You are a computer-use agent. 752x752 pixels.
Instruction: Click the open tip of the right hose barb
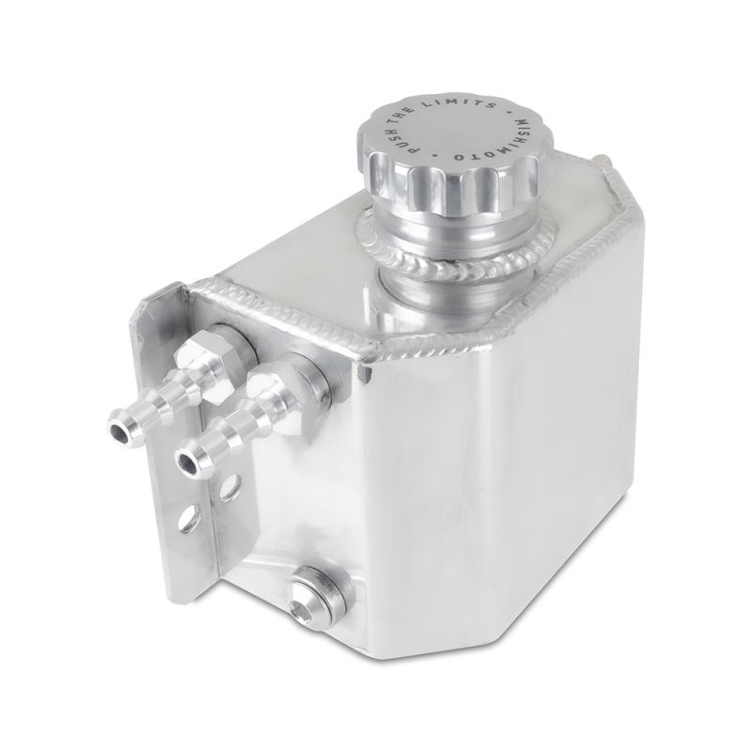pos(192,461)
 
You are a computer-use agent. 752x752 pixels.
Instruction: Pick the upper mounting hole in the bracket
pos(227,487)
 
